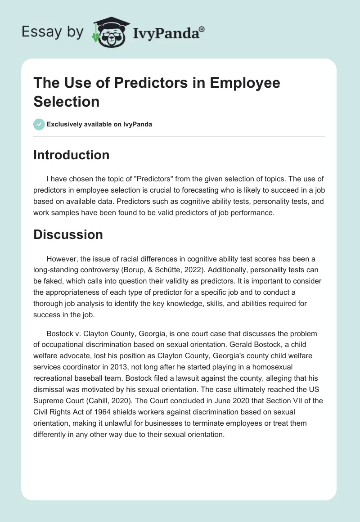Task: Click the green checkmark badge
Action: (39, 125)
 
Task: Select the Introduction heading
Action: (72, 155)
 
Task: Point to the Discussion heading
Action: (68, 234)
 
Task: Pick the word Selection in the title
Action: (67, 101)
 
